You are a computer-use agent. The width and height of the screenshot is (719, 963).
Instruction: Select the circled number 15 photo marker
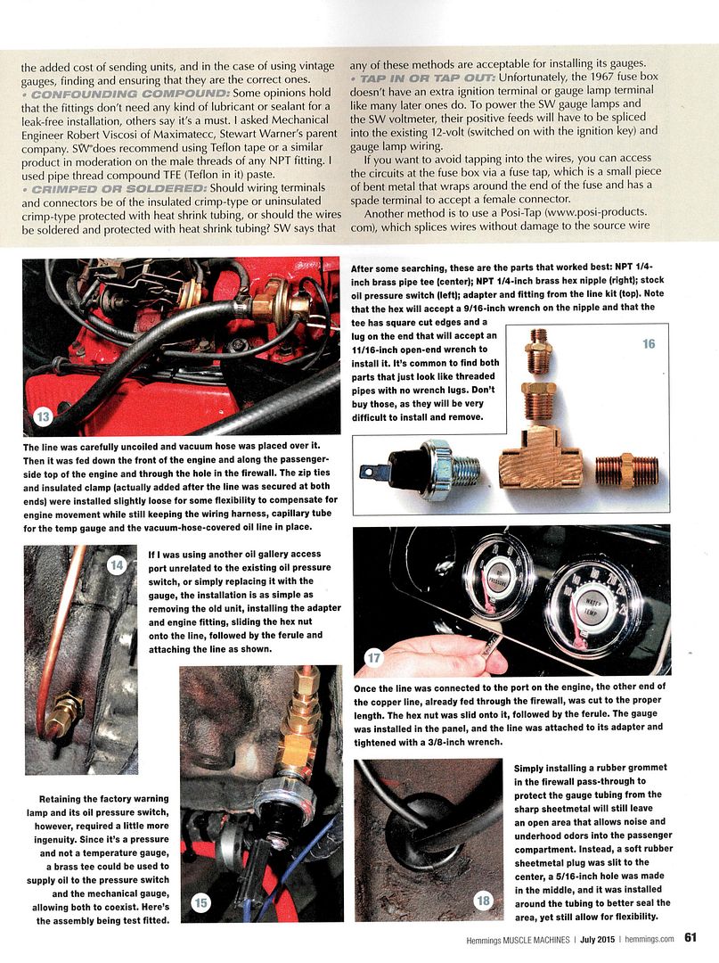200,902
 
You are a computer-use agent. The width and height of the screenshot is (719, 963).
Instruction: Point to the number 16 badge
648,344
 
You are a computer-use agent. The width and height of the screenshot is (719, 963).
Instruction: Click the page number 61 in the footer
690,936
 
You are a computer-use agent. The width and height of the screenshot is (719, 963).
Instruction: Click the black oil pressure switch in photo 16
416,463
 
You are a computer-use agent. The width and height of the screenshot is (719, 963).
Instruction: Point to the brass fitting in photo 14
65,713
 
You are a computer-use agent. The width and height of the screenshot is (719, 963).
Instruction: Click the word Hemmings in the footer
488,937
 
